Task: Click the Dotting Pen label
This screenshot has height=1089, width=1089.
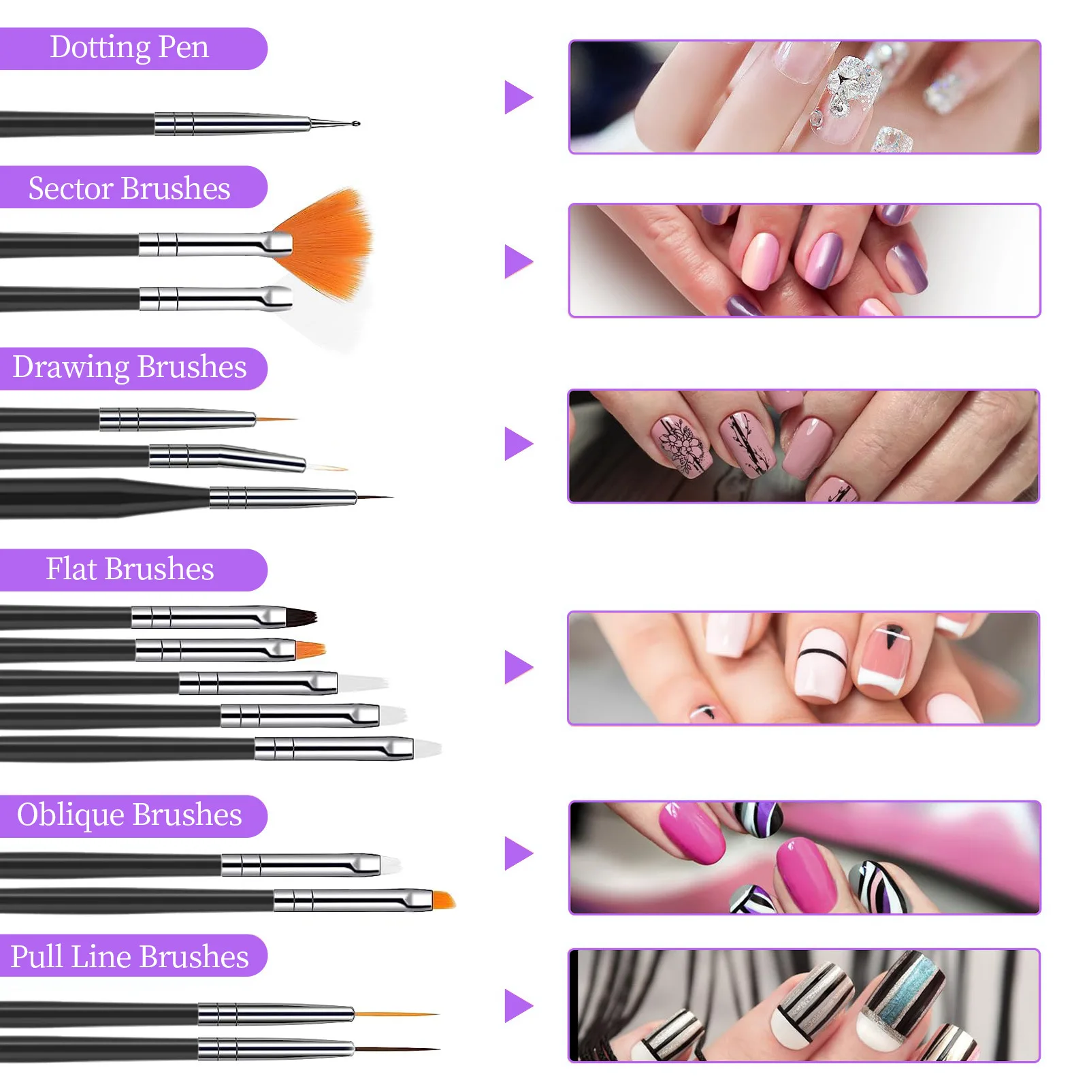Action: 129,48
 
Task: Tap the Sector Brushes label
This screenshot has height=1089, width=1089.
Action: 129,188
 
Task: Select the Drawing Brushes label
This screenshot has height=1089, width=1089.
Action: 129,368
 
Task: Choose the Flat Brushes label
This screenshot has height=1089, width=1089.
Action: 129,569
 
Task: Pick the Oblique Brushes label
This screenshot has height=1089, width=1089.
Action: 129,815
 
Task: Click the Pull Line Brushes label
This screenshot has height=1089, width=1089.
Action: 129,956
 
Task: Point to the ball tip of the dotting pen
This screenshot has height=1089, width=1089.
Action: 356,123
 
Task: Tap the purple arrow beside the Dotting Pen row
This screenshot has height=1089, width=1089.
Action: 518,97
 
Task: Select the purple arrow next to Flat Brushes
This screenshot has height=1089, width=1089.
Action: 518,667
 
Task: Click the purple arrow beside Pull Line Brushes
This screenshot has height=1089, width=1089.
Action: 518,1006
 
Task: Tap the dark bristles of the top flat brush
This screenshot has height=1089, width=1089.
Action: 301,617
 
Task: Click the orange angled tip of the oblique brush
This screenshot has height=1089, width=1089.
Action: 443,900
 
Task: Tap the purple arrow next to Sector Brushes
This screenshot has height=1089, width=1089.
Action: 518,261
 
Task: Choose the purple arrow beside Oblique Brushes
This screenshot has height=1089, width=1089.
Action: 518,854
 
